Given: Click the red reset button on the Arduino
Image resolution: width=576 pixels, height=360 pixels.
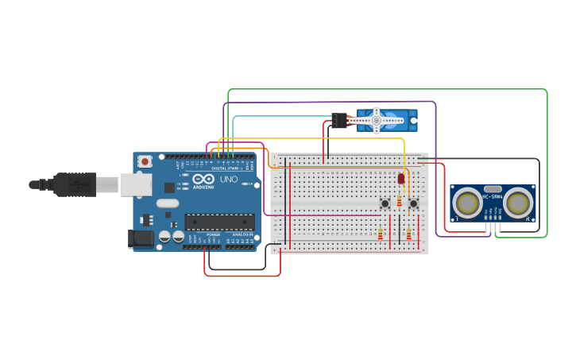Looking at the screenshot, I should (145, 161).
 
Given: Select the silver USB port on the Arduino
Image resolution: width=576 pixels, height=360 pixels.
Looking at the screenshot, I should (135, 185).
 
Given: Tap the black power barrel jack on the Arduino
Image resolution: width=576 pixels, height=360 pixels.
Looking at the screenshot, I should (141, 238).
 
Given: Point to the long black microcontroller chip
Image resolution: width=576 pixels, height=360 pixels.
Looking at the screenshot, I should (220, 222).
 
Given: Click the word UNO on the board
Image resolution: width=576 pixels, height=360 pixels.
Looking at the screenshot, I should (229, 180).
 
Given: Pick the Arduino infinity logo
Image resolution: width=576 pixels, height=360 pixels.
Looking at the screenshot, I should (203, 179).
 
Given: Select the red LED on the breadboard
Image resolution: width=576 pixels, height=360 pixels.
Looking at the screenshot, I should (401, 179).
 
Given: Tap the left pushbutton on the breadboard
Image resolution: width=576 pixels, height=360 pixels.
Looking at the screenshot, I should (385, 203).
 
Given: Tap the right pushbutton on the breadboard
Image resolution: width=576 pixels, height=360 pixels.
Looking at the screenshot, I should (413, 203).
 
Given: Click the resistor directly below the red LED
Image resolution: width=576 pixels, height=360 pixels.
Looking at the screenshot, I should (400, 201).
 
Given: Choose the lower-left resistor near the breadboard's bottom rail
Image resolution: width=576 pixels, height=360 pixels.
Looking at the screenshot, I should (380, 234).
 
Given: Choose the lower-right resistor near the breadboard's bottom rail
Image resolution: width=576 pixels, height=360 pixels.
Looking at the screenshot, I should (408, 234).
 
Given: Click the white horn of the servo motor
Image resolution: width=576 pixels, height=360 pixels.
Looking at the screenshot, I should (377, 121).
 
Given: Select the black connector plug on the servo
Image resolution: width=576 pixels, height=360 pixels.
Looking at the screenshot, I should (340, 121).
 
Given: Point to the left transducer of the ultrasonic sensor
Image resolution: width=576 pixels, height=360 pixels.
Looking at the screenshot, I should (467, 203).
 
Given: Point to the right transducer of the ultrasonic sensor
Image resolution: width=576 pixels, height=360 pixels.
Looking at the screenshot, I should (518, 203).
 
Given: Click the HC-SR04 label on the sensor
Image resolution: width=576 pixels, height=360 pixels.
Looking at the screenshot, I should (493, 196).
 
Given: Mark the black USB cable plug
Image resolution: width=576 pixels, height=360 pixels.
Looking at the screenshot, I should (75, 184).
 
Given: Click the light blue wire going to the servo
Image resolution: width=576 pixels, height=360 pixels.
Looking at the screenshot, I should (278, 117).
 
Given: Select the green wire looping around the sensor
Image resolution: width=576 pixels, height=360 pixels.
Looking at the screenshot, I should (547, 159).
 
